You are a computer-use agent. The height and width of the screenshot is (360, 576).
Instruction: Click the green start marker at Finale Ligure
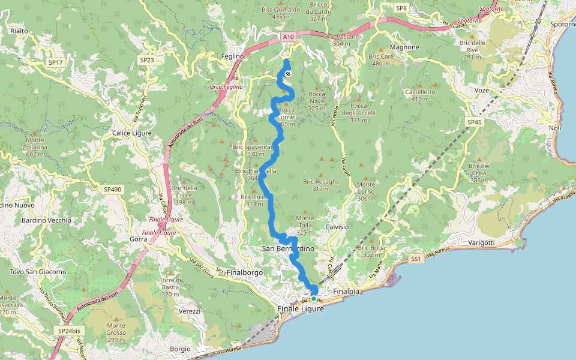(x=313, y=298)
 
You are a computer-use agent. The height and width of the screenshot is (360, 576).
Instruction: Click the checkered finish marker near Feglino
(x=288, y=74)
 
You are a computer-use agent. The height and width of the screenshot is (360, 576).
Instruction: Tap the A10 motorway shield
(x=289, y=37)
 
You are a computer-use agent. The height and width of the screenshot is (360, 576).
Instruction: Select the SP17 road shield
(x=55, y=62)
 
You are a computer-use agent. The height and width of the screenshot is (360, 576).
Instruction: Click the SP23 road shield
(x=147, y=60)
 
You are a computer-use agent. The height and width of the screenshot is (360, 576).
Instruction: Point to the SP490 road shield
(x=112, y=189)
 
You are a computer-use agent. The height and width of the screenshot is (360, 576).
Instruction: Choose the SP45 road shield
(x=474, y=122)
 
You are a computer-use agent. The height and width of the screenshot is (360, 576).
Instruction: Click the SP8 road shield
(x=401, y=8)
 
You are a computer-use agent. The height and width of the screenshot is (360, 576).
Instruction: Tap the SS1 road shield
(x=416, y=259)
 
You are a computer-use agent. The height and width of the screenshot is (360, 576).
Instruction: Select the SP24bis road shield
(x=70, y=331)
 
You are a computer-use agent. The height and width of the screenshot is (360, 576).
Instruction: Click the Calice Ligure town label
(x=132, y=133)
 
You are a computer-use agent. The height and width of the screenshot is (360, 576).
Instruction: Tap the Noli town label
(x=555, y=128)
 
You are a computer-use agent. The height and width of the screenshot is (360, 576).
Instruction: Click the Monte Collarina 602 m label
(x=37, y=151)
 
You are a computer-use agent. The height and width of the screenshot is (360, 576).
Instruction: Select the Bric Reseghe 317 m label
(x=321, y=185)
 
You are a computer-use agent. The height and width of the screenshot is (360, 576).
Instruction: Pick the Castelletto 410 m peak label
(x=420, y=95)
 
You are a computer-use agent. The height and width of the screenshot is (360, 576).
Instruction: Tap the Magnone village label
(x=404, y=47)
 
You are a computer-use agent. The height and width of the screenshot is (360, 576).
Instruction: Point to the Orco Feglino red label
(x=226, y=87)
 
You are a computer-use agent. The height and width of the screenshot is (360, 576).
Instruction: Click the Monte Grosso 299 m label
(x=116, y=336)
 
